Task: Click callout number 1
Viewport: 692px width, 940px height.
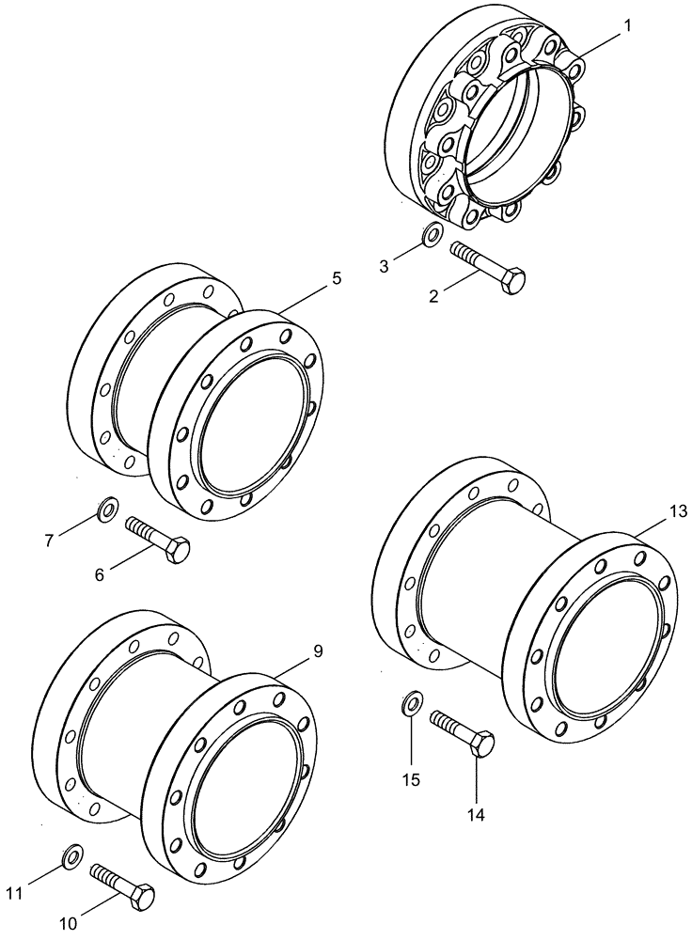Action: (x=626, y=26)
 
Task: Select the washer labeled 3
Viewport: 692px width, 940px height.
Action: (x=431, y=235)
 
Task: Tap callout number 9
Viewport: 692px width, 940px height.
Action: (x=317, y=650)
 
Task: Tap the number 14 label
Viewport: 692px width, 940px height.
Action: (x=476, y=815)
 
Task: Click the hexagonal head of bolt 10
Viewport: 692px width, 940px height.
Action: (x=140, y=897)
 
